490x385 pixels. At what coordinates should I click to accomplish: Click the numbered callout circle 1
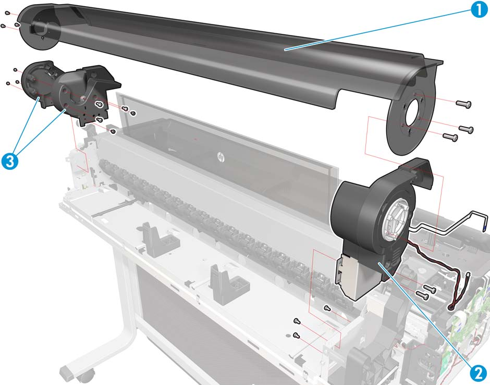(479, 9)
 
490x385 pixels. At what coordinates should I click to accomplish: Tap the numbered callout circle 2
(478, 373)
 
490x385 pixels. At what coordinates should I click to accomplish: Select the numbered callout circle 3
(10, 161)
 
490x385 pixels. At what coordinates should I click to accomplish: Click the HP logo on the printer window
(221, 157)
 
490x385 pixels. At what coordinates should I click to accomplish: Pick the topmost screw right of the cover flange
(464, 104)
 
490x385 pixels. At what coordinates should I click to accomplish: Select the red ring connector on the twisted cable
(451, 308)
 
